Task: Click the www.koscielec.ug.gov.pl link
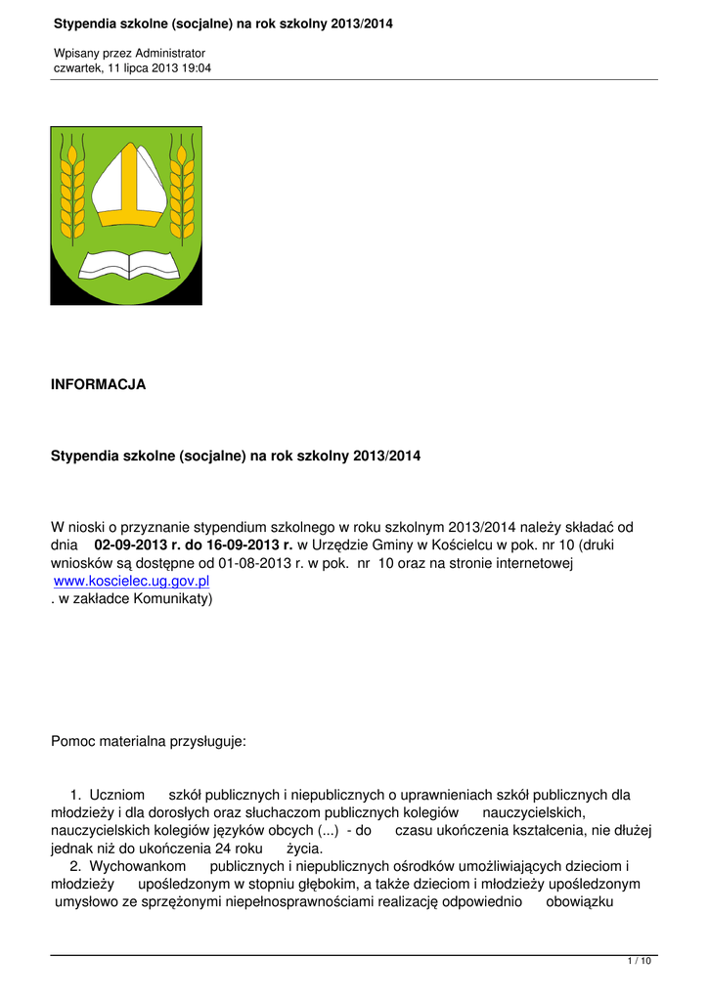[x=132, y=581]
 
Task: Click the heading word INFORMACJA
[x=98, y=385]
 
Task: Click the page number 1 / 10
[x=639, y=962]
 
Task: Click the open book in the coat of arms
[x=125, y=262]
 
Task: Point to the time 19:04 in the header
[x=195, y=68]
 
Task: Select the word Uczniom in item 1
[x=114, y=795]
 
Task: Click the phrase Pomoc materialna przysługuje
[x=149, y=742]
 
